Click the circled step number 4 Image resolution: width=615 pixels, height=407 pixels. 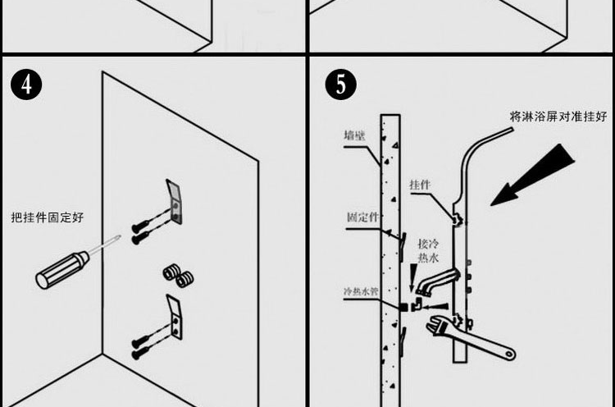point(27,84)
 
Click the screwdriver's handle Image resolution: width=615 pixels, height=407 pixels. point(62,269)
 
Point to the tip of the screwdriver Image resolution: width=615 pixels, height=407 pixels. point(121,239)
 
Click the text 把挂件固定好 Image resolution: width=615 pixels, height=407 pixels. point(47,217)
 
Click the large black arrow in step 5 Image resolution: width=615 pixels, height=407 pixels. point(533,174)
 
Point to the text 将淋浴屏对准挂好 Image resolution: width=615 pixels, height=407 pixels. point(558,117)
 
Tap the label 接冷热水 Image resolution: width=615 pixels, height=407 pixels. point(429,251)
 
